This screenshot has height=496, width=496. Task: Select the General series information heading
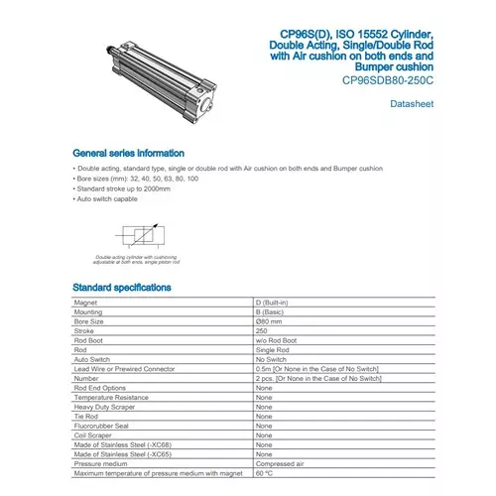129,154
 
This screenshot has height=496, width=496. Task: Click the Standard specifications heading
122,288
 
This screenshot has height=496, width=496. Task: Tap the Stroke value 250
263,331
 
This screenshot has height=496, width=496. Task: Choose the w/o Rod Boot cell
277,341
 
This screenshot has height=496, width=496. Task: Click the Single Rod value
273,350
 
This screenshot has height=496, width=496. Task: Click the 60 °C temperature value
265,472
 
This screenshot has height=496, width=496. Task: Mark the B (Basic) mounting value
272,312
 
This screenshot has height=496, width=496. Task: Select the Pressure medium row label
99,462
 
